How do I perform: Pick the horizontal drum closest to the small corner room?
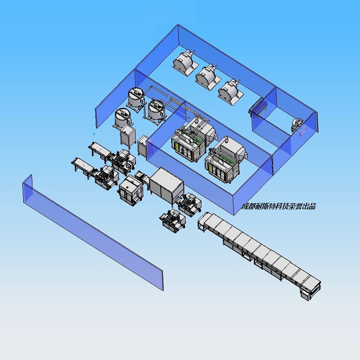pyautogui.click(x=230, y=92)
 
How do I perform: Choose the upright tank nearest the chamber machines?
pyautogui.click(x=157, y=111)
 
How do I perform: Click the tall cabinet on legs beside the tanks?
pyautogui.click(x=128, y=137)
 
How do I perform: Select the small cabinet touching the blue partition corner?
pyautogui.click(x=144, y=145)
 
